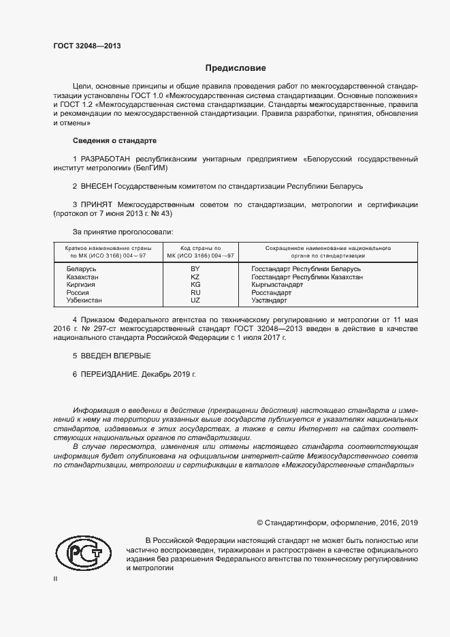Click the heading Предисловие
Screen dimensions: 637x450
pos(236,68)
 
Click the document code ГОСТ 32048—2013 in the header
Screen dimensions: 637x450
pos(87,46)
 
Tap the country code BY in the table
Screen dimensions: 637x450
pos(195,269)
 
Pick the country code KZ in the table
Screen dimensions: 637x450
pos(195,277)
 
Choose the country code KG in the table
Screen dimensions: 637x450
pos(195,285)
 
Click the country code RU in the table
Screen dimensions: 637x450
pos(195,292)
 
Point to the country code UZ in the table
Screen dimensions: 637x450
pos(195,300)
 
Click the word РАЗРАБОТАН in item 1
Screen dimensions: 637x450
pos(107,159)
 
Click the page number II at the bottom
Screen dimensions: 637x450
pos(56,578)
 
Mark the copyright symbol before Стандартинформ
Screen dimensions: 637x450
pos(260,523)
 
